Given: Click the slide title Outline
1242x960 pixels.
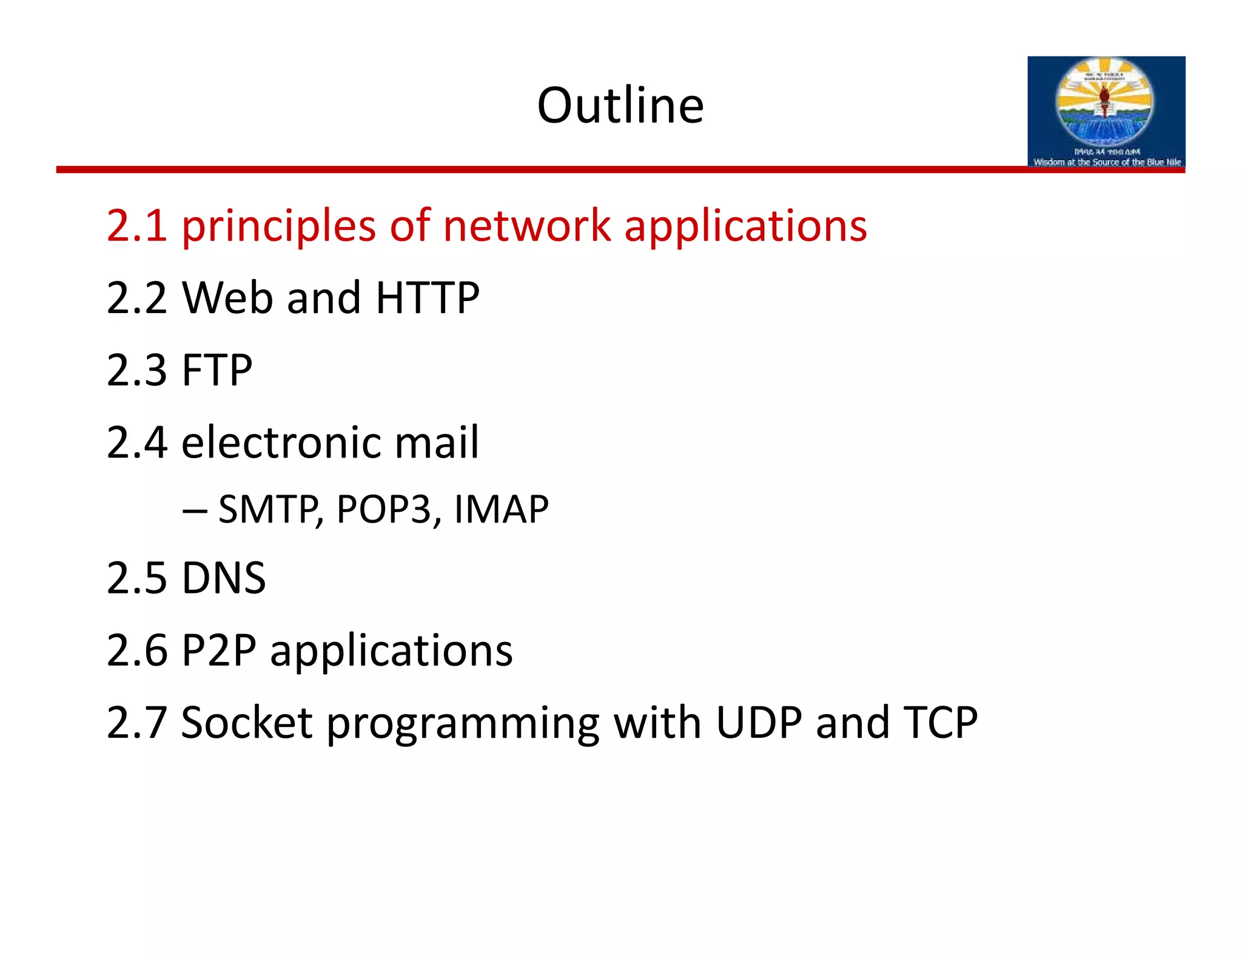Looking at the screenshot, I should pyautogui.click(x=620, y=106).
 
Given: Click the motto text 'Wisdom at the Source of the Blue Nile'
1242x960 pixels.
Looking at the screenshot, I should pyautogui.click(x=1107, y=162).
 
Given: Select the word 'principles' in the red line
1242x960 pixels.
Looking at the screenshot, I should pyautogui.click(x=278, y=227).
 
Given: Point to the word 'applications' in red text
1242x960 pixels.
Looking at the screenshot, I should pyautogui.click(x=745, y=227).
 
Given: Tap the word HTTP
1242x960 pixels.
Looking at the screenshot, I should pyautogui.click(x=428, y=298).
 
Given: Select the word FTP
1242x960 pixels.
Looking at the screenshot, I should pyautogui.click(x=217, y=370).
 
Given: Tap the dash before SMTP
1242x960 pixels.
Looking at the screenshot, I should pyautogui.click(x=194, y=510).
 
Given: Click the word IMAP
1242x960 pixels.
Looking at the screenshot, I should pyautogui.click(x=501, y=509).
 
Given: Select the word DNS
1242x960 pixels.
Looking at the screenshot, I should pyautogui.click(x=223, y=578).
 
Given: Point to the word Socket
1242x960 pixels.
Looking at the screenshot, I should pyautogui.click(x=246, y=723).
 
